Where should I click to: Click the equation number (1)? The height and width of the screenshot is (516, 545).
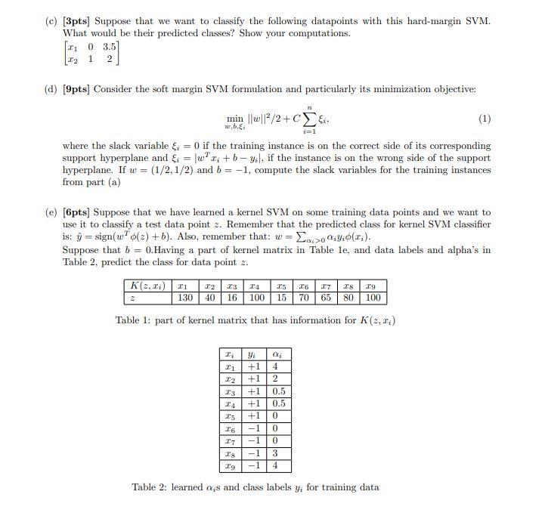(x=485, y=119)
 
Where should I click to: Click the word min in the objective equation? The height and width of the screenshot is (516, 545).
(x=235, y=119)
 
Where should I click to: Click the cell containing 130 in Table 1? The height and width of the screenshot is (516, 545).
(x=184, y=298)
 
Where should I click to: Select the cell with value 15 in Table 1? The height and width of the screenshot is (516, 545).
(x=281, y=298)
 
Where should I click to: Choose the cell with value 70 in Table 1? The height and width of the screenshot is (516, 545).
(x=303, y=298)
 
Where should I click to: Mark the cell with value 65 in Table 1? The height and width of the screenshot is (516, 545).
(x=325, y=298)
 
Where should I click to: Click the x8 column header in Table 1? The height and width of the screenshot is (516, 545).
(x=348, y=286)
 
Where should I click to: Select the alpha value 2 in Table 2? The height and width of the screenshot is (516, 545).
(x=276, y=379)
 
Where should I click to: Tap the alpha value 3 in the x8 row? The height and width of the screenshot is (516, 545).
(x=276, y=453)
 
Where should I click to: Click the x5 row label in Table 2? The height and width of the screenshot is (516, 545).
(x=229, y=416)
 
